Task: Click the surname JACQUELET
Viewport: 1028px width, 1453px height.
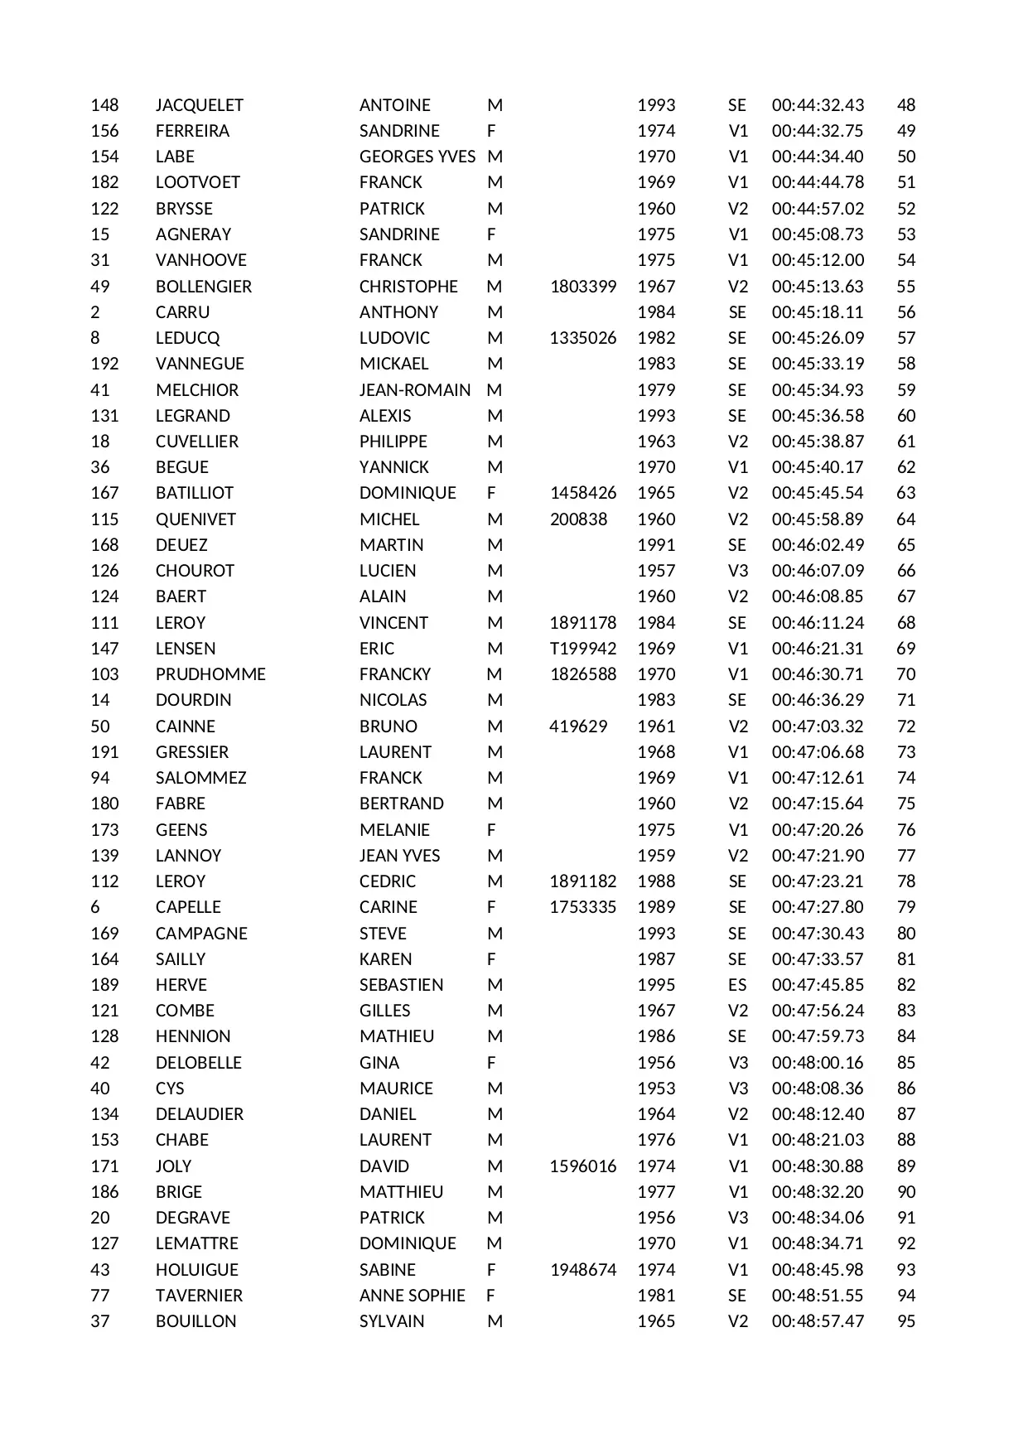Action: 199,105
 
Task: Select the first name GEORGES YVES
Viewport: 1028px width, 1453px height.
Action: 417,157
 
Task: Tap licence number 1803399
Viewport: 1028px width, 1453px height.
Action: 583,287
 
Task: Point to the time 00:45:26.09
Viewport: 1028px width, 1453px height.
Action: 818,338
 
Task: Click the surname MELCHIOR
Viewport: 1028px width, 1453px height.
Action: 197,390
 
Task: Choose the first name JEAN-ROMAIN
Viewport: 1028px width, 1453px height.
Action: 415,390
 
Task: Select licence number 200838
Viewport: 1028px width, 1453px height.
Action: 578,519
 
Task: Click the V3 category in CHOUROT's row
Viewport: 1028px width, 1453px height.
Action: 737,571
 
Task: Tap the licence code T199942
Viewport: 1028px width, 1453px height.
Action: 583,649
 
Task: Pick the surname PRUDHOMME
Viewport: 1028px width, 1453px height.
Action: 210,674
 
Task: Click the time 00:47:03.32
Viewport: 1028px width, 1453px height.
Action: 818,726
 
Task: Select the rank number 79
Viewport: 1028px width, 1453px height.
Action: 906,907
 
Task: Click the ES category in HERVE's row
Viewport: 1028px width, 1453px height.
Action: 737,985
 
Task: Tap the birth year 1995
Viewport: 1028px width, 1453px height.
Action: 656,985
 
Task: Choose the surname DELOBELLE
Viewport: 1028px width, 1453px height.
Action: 199,1063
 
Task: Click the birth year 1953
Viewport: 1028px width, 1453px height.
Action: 656,1089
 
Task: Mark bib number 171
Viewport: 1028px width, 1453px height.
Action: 104,1166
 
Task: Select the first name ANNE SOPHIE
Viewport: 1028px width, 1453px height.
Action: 413,1296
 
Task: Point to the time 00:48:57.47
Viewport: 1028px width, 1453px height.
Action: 818,1321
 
